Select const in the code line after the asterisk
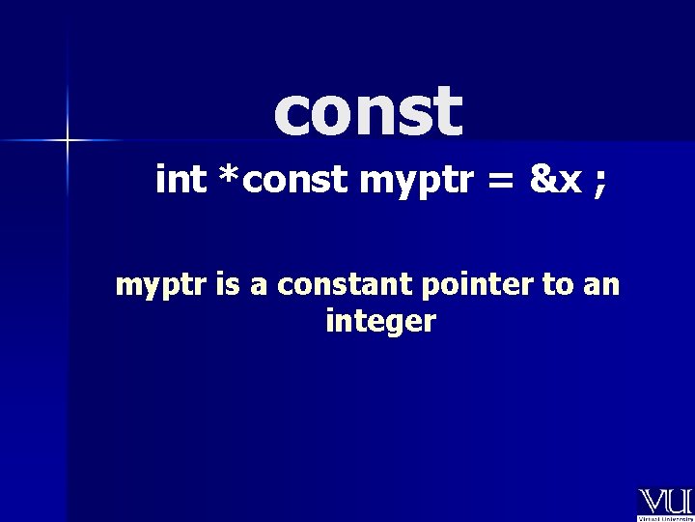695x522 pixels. coord(294,181)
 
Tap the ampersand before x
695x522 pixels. coord(542,180)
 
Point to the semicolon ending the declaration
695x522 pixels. coord(600,184)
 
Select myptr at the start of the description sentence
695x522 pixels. coord(151,288)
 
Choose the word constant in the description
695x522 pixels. coord(303,286)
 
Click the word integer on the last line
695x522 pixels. coord(381,323)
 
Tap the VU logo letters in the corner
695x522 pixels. coord(665,501)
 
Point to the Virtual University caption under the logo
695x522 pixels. coord(665,516)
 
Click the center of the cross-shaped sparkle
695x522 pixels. coord(69,141)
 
